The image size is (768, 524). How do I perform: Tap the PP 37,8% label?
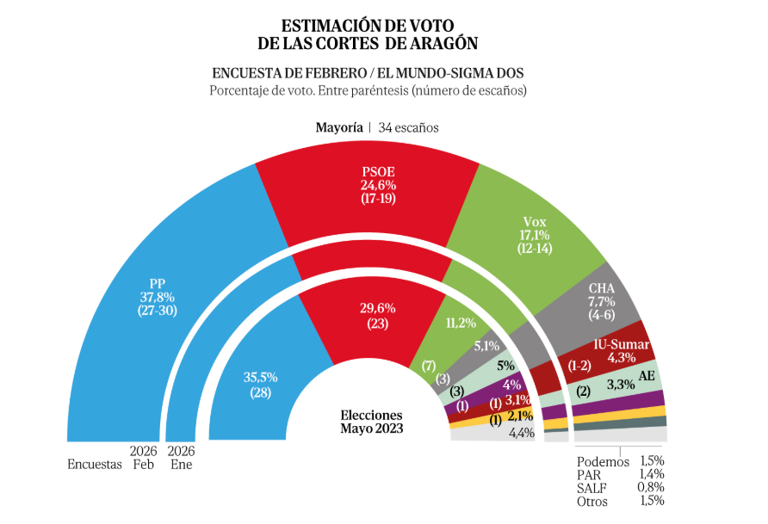point(157,296)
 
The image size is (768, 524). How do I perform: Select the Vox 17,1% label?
point(534,235)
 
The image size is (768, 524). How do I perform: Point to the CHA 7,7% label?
point(600,302)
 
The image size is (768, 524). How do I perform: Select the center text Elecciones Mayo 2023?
point(371,421)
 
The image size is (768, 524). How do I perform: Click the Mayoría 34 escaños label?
point(377,127)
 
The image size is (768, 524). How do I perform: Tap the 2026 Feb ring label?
point(142,458)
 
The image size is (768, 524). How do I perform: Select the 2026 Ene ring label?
point(181,458)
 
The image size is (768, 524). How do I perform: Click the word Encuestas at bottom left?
point(95,465)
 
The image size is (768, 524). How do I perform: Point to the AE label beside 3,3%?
point(647,376)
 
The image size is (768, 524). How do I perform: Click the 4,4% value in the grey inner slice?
point(523,433)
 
